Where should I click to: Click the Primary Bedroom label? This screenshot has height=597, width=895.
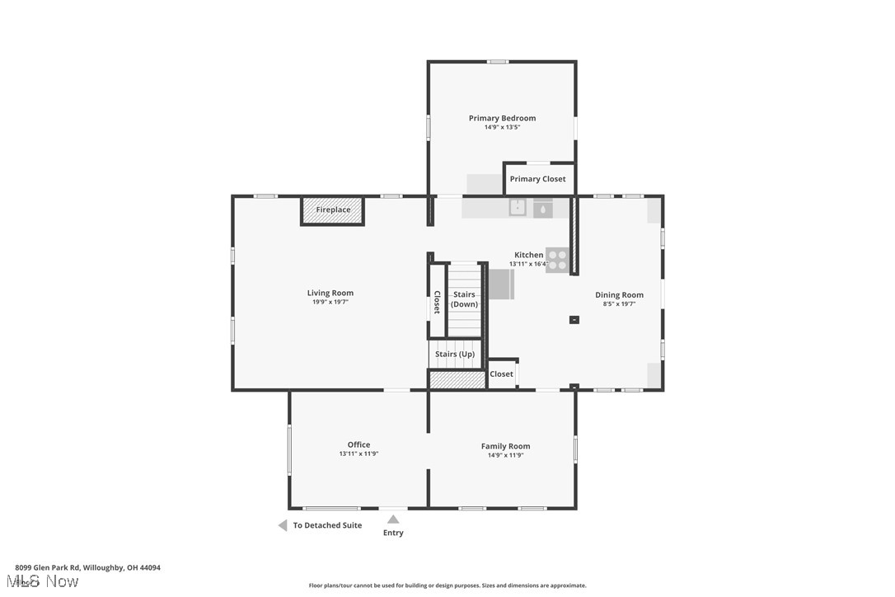coord(502,118)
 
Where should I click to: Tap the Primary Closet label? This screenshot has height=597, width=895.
coord(537,179)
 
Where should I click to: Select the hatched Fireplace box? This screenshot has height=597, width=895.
coord(332,210)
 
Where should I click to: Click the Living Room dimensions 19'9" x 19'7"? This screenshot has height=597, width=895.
coord(330,303)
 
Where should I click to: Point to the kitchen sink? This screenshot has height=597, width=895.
coord(517,208)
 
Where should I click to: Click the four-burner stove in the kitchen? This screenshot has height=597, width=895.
coord(557,260)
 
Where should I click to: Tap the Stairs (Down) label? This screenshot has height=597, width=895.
coord(464,299)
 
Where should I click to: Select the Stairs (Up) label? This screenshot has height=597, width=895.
coord(455,354)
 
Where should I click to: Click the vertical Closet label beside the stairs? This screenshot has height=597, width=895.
coord(437,302)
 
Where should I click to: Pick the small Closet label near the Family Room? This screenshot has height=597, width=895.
coord(501,374)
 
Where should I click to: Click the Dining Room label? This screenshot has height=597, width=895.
coord(619,294)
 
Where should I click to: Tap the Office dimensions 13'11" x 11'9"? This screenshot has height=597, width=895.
coord(358,454)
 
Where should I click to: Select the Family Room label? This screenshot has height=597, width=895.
coord(505,446)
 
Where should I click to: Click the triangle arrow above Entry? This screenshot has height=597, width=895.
coord(393,519)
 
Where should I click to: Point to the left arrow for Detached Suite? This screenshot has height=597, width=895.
coord(282,525)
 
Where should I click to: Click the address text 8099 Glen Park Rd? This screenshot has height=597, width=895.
coord(87,567)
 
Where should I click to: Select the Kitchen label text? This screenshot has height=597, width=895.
coord(528,255)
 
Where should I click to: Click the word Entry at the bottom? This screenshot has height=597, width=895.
coord(393,533)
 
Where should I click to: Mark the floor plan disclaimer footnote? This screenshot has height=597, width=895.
coord(447,585)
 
